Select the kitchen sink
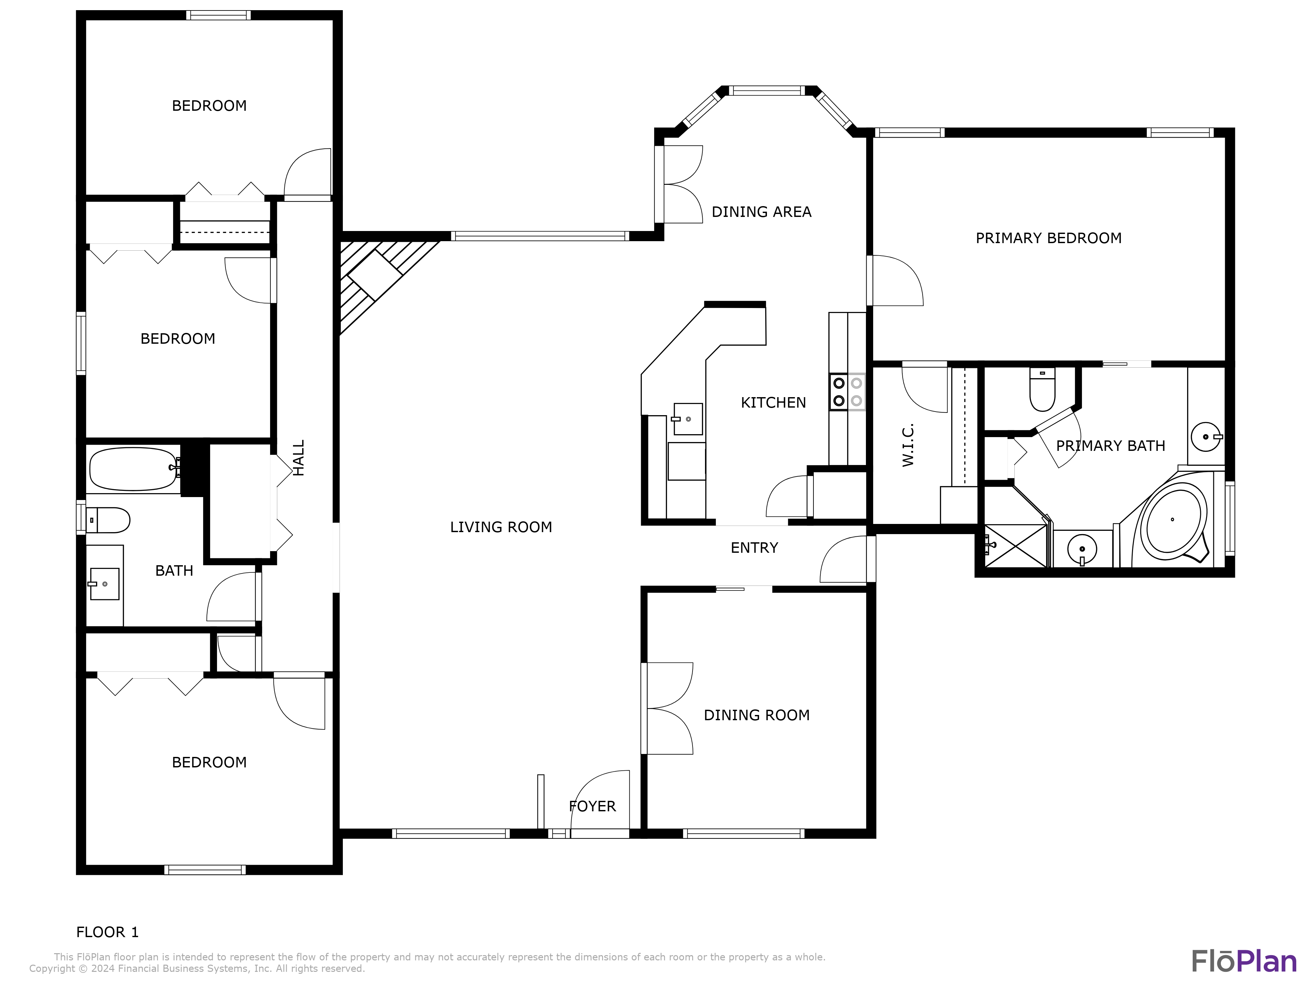tap(688, 419)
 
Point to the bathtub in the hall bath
tap(133, 469)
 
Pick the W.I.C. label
tap(908, 445)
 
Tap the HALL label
tap(299, 457)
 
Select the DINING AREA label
tap(761, 212)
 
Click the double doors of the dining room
tap(669, 708)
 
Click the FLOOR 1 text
tap(107, 932)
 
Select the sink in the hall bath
tap(104, 584)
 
